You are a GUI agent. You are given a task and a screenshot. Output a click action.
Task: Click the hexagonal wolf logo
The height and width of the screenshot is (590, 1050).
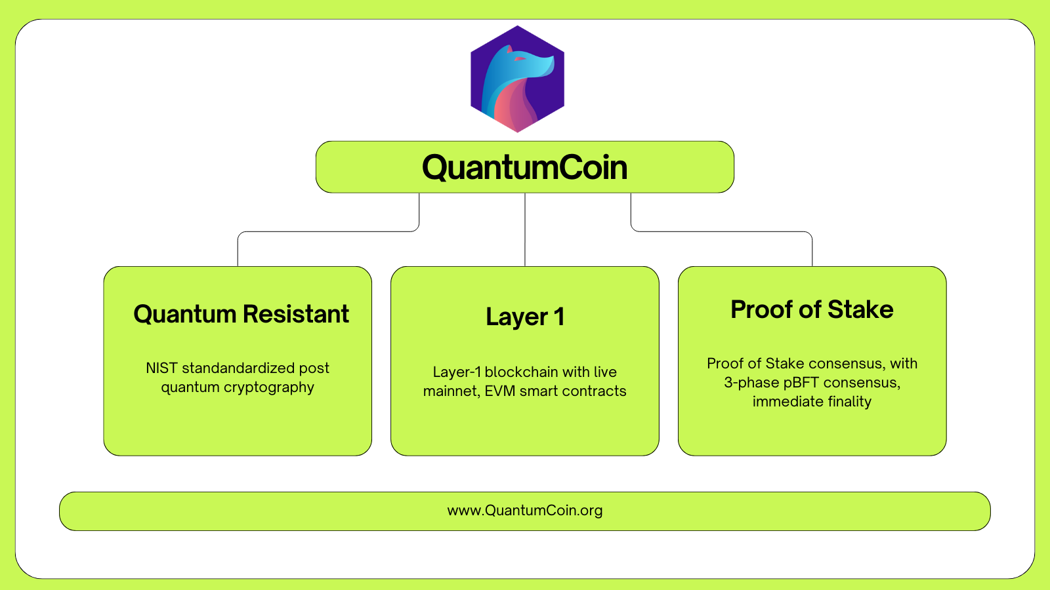click(x=518, y=79)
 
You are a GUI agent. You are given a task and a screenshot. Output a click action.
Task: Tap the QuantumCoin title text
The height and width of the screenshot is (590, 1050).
click(x=524, y=167)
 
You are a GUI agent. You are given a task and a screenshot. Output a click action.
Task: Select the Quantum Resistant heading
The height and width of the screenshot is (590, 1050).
click(x=241, y=314)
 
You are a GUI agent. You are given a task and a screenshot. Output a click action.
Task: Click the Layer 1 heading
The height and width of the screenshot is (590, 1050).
click(x=525, y=317)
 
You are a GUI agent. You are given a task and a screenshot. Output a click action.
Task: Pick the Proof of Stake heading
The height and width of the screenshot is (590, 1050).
click(x=812, y=309)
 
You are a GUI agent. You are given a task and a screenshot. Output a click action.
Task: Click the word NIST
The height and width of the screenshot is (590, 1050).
click(x=161, y=368)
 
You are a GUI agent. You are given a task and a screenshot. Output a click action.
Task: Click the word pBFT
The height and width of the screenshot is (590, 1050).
click(x=801, y=383)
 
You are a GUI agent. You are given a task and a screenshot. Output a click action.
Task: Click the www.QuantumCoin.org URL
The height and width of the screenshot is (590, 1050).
click(x=525, y=511)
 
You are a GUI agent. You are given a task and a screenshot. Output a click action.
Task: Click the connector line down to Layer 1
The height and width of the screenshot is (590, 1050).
click(x=525, y=229)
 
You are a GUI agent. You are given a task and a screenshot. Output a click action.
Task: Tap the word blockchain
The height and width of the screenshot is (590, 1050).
click(x=521, y=372)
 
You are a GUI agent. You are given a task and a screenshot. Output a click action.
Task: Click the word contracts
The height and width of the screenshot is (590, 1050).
click(x=596, y=391)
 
